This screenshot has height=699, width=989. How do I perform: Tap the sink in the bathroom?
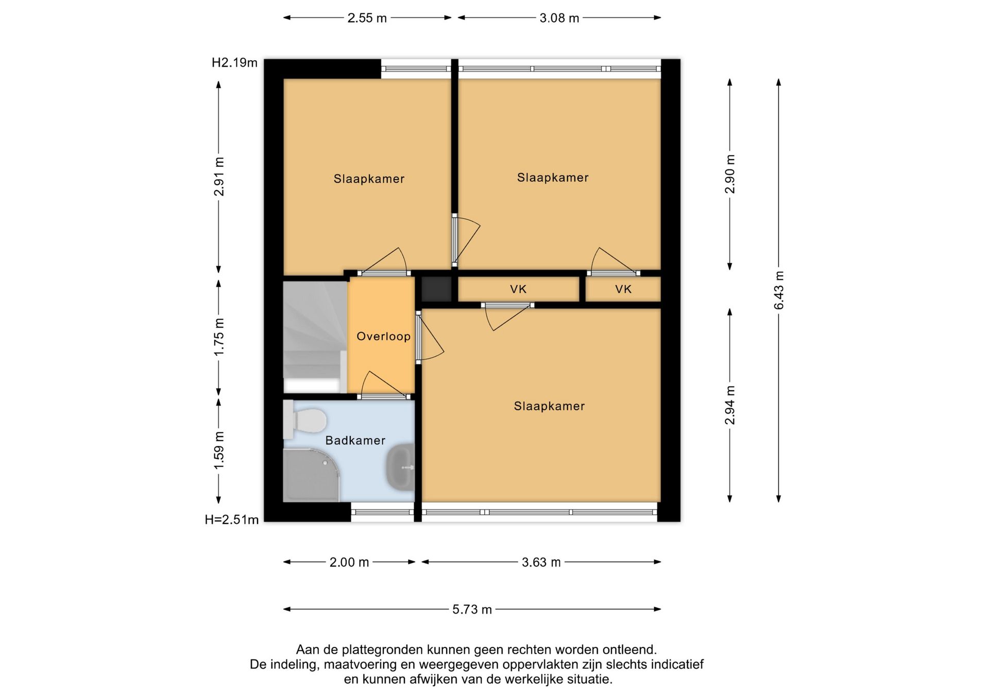(400, 466)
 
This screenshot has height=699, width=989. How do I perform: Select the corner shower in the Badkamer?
(311, 475)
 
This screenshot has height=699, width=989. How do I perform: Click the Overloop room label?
(383, 337)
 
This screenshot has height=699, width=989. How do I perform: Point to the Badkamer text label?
(355, 441)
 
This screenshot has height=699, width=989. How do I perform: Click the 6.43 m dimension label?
(779, 290)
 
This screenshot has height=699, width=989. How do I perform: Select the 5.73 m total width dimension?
(472, 609)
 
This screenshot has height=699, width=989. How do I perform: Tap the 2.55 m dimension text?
(367, 18)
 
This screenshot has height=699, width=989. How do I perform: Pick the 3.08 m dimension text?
(559, 18)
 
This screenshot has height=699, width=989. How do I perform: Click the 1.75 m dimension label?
(219, 337)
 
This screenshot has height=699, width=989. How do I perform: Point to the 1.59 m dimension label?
(219, 450)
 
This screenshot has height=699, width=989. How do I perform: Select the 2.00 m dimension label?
(349, 562)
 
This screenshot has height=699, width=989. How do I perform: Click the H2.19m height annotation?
(234, 63)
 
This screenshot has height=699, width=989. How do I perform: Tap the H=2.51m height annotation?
(232, 520)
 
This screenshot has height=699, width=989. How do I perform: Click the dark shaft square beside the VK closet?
(436, 289)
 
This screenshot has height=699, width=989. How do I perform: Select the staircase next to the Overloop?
(315, 337)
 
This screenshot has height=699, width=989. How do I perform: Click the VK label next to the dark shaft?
(518, 289)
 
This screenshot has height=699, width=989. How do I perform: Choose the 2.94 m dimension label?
(730, 405)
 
